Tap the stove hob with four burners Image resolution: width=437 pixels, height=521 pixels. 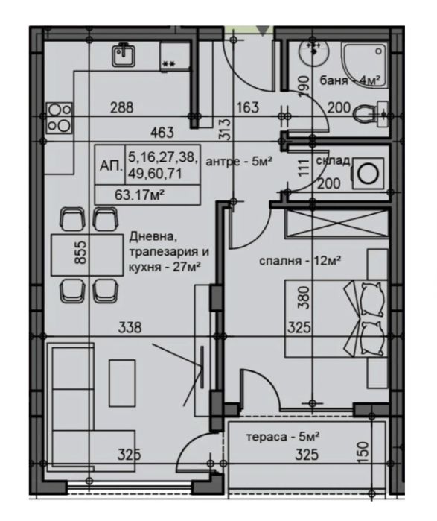pos(60,118)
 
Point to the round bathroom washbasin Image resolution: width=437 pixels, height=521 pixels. pos(313,53)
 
